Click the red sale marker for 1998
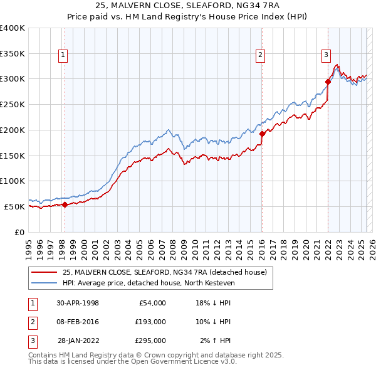click(65, 204)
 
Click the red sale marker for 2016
click(262, 133)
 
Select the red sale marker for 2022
click(328, 81)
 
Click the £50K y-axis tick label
click(15, 206)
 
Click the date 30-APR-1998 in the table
click(78, 302)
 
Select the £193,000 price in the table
click(150, 321)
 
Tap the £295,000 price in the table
click(150, 341)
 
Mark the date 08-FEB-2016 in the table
click(78, 321)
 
